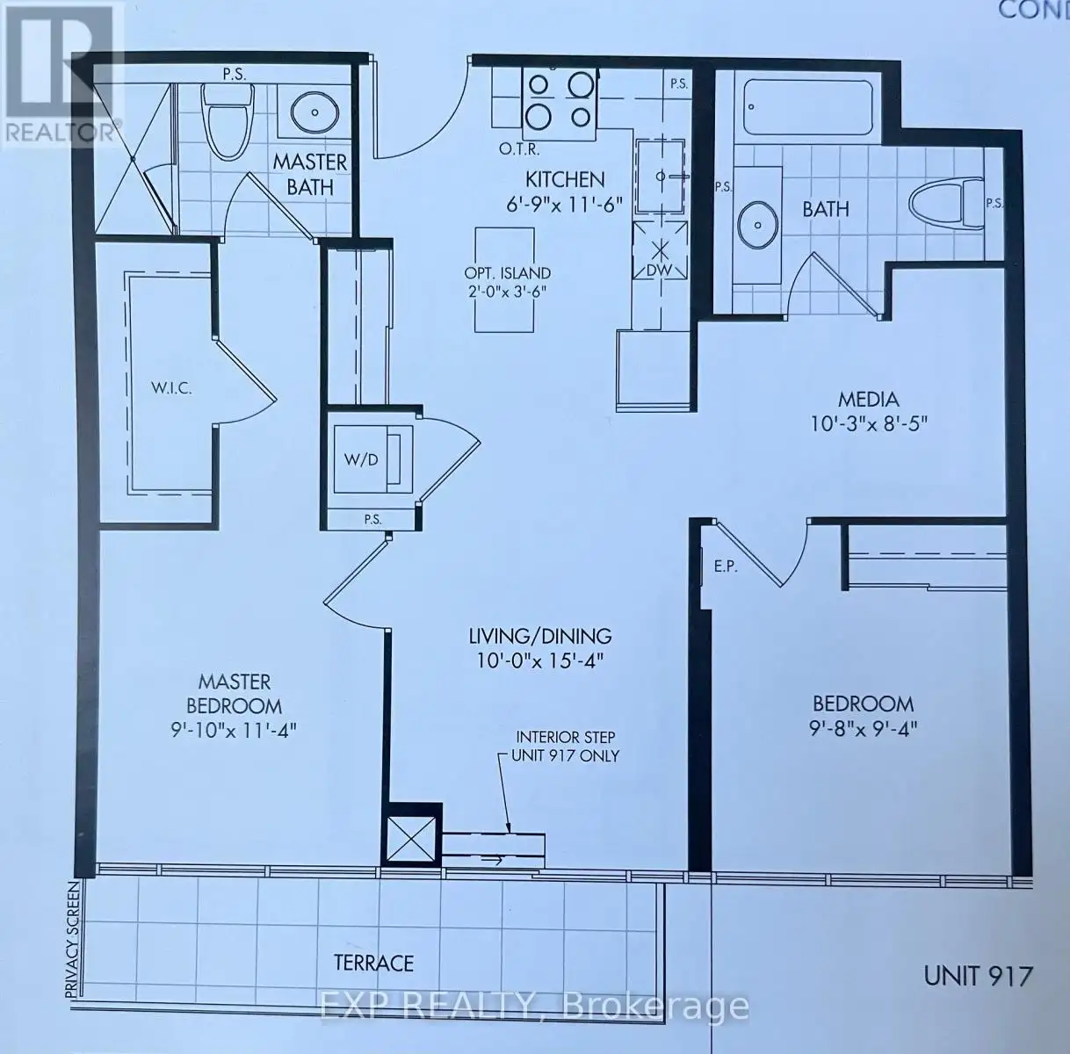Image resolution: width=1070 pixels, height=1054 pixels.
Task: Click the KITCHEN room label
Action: point(565,179)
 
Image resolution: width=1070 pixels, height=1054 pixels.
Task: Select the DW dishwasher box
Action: point(660,250)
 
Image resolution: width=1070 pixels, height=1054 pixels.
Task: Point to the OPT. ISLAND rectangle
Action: point(505,280)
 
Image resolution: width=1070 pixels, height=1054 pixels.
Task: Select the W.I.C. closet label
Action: point(171,388)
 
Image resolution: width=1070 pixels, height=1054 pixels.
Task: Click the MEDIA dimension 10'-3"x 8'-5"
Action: point(869,424)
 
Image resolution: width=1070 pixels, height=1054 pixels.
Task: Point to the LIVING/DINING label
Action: point(539,636)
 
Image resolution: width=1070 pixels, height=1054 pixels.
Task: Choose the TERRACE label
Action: point(373,963)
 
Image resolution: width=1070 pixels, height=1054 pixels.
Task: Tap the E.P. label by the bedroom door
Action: point(725,567)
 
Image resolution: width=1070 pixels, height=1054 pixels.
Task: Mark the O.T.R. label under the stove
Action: point(519,149)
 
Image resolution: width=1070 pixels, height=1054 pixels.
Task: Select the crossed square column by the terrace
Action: point(411,841)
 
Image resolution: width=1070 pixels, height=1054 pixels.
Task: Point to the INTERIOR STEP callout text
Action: point(565,747)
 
